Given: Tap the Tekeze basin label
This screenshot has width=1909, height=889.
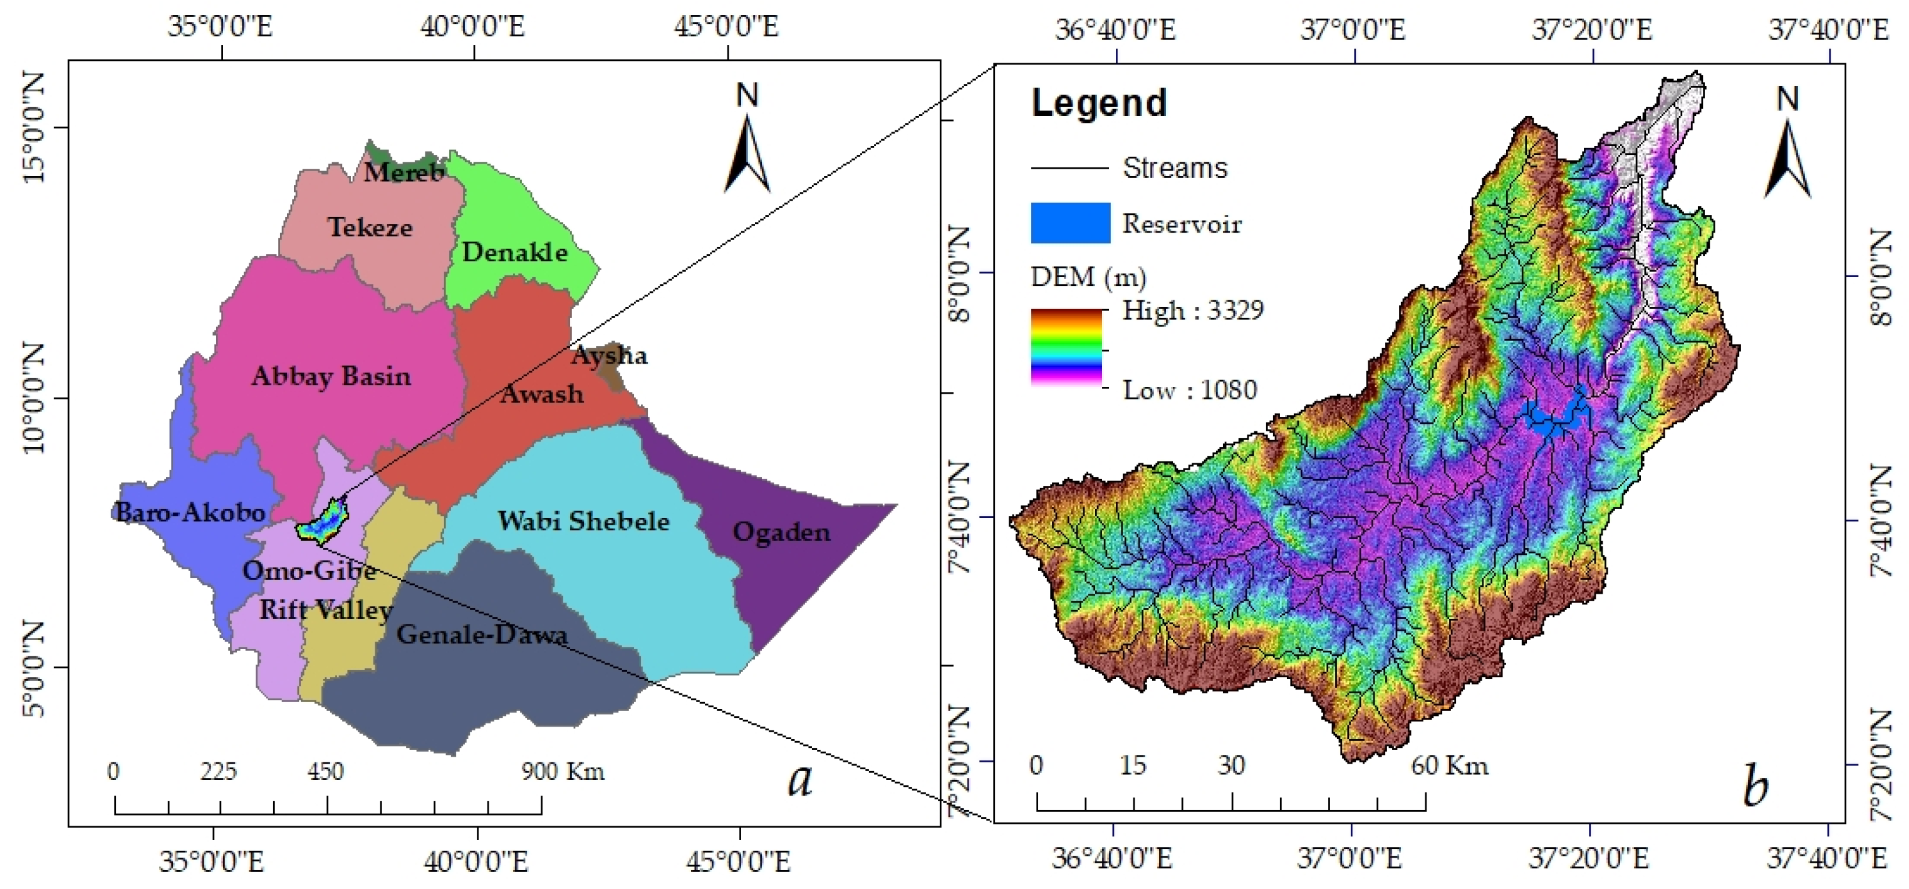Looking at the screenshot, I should pos(370,227).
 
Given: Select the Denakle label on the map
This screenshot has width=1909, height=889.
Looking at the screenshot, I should pos(514,252).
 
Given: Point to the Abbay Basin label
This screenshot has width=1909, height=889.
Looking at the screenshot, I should pos(331,376).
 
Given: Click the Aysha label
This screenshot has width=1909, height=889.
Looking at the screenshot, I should pos(609,356).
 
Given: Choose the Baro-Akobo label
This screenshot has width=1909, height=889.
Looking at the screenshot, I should pos(190,512).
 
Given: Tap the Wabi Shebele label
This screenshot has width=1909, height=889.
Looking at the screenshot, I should pos(583,520).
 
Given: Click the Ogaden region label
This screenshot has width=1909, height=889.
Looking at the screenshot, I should pos(781,532).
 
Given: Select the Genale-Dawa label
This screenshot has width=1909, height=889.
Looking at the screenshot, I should pos(482,634).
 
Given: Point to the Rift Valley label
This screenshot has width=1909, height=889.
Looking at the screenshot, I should pos(325,609).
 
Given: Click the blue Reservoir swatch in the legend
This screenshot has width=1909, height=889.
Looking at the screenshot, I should pos(1070,223).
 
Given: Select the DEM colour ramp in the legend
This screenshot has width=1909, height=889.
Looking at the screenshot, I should pos(1066,347).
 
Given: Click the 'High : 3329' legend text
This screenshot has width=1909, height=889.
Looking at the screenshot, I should pos(1192,310).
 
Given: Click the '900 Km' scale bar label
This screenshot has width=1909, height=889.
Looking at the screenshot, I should pos(563,771).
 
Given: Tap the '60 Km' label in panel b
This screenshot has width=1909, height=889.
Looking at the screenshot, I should pos(1448,764).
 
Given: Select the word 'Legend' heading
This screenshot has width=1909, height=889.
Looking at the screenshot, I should pos(1099,103).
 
